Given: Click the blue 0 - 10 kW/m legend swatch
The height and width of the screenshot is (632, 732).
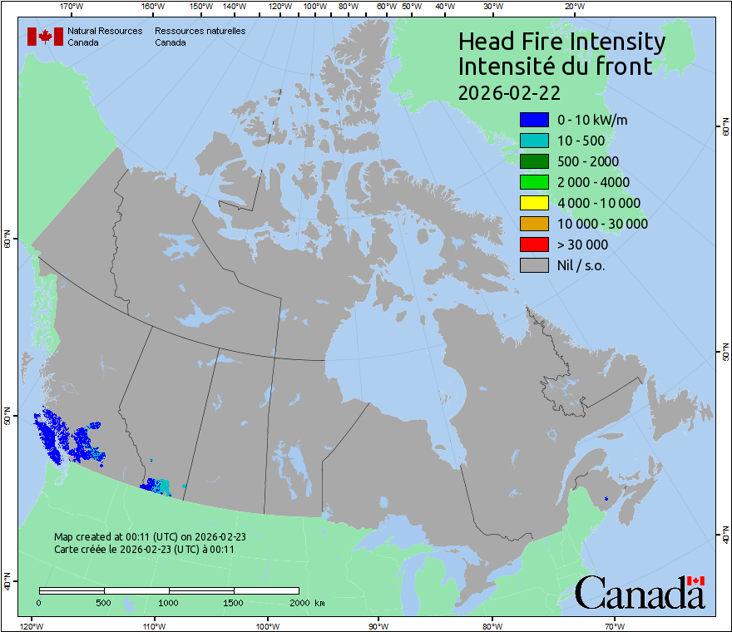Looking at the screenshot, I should click(533, 120).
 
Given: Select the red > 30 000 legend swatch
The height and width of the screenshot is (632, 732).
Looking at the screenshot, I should click(533, 244).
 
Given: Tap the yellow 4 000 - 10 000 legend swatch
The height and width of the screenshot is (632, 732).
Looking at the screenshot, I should click(533, 203).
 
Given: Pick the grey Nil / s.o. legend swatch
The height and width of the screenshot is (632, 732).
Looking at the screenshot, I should click(533, 265).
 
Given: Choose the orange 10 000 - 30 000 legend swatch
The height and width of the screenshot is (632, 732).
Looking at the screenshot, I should click(533, 224).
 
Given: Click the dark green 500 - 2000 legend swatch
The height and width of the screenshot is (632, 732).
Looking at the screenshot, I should click(533, 161).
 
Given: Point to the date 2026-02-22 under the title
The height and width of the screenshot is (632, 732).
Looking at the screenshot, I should click(508, 91).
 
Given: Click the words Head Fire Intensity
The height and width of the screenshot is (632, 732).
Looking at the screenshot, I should click(561, 42).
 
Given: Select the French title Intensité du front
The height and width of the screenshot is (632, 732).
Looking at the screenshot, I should click(556, 67).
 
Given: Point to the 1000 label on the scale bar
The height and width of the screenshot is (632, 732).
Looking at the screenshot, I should click(169, 602).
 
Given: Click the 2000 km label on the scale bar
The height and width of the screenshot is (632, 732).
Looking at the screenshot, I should click(307, 602).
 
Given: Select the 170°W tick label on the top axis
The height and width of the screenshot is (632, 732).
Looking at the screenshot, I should click(72, 7).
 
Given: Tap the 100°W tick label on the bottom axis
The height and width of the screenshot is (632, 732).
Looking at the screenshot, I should click(267, 625).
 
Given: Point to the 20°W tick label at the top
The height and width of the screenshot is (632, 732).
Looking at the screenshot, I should click(572, 7).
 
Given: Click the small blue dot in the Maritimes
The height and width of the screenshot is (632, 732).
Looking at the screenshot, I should click(606, 498).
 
